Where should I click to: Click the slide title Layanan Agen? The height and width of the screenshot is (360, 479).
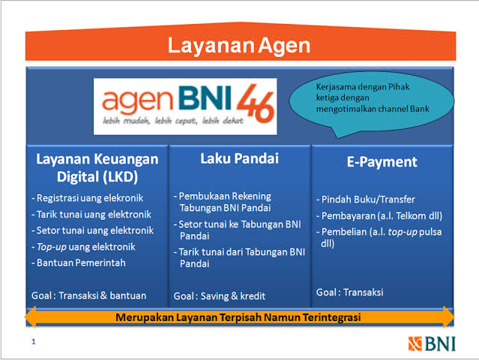[239, 45]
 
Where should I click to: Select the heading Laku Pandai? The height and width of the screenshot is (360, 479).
[239, 159]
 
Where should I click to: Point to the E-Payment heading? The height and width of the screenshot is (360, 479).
[382, 161]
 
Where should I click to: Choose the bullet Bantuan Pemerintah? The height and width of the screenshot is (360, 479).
[79, 262]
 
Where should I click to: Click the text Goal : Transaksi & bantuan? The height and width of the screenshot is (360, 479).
[88, 295]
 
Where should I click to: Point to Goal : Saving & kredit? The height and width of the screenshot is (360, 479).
[220, 295]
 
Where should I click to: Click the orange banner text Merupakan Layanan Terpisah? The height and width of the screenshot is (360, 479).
[238, 317]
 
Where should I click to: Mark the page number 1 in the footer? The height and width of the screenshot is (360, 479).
[34, 341]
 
